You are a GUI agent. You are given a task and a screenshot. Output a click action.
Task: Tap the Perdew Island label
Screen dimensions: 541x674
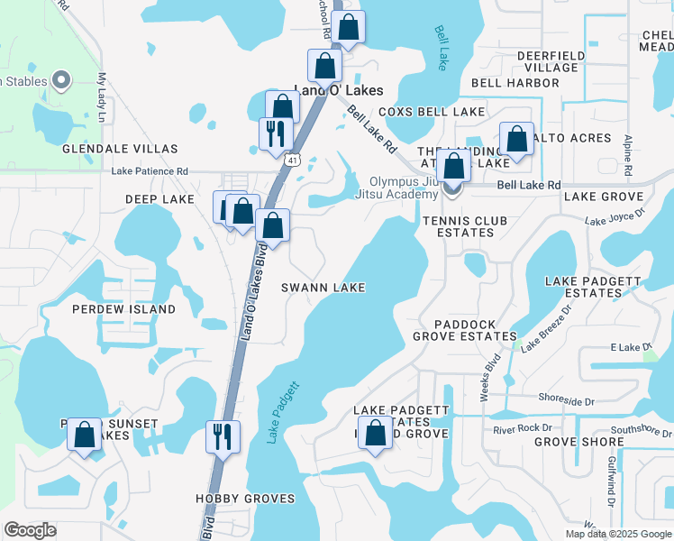click(124, 309)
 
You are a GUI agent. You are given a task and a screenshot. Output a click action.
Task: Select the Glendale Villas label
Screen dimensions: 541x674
click(120, 149)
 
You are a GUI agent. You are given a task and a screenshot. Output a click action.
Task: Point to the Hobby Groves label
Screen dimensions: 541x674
click(245, 499)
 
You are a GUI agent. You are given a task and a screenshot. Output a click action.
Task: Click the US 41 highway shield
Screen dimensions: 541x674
click(294, 160)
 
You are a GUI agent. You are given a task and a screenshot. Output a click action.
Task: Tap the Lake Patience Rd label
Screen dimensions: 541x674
click(150, 170)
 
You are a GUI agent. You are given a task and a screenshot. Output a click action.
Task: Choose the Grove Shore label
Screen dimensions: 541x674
click(578, 442)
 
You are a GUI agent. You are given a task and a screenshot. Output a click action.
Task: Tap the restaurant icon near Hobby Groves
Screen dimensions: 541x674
click(220, 438)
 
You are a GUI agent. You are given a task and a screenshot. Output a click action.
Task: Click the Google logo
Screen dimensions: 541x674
click(30, 530)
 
